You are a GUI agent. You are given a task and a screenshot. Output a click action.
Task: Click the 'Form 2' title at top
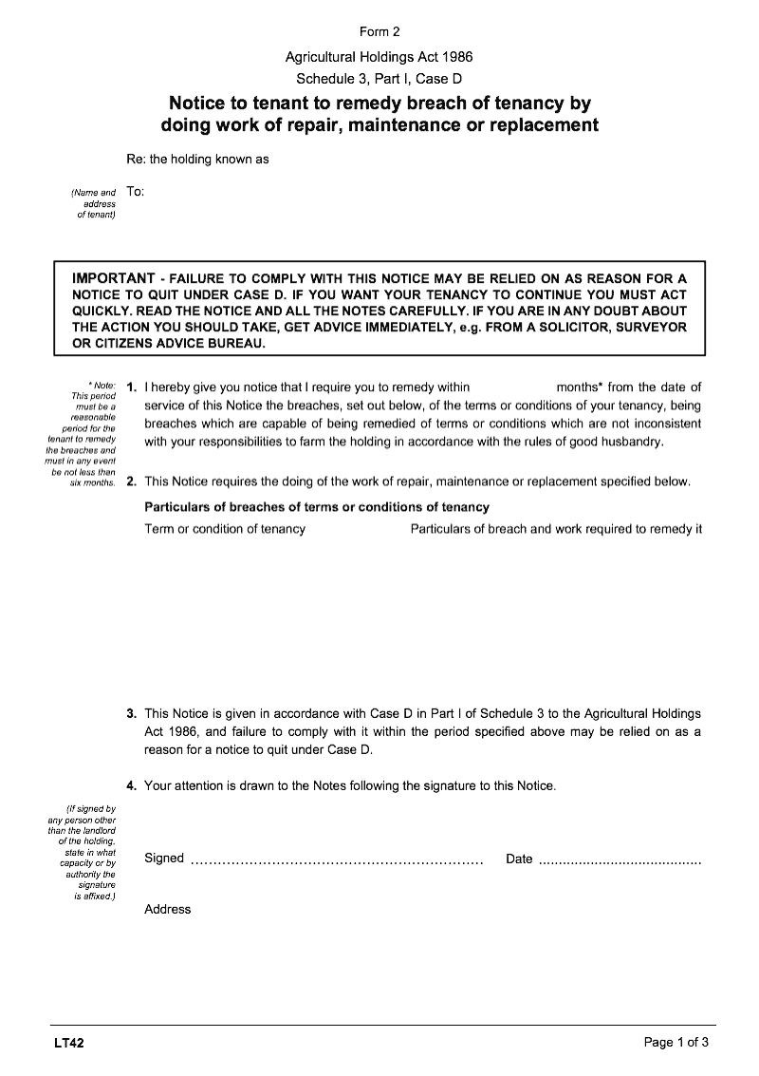point(379,31)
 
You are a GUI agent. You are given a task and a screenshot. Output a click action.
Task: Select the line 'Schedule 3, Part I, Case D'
point(379,79)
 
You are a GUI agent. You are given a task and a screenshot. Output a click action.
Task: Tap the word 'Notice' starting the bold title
point(198,103)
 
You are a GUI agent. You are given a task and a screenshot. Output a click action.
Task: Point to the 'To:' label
point(135,192)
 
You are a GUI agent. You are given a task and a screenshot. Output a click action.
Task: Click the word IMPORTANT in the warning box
point(114,278)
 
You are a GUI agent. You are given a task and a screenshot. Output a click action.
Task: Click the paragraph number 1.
point(131,387)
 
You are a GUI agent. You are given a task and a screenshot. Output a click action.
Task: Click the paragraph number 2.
point(131,481)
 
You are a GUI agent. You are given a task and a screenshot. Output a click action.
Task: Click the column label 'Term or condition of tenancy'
point(225,529)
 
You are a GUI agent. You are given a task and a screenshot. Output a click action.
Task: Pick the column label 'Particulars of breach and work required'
point(556,529)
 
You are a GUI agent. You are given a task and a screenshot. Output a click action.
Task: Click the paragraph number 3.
point(131,713)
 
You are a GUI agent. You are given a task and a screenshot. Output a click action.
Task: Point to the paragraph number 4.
point(131,785)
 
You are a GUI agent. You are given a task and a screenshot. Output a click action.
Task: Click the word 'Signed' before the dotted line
point(164,859)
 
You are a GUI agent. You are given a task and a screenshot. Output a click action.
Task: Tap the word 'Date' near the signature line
point(519,859)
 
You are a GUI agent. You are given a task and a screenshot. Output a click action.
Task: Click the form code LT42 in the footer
point(69,1043)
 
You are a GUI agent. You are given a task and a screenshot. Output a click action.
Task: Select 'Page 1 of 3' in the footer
point(676,1043)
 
